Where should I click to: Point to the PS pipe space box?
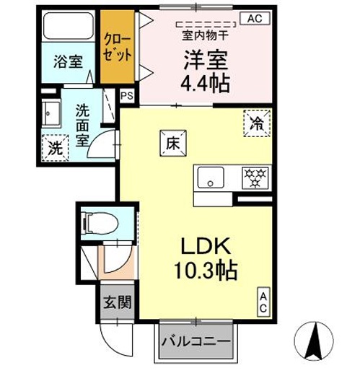pos(127,95)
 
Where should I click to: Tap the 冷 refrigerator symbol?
pos(257,123)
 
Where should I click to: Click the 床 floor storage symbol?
pos(172,142)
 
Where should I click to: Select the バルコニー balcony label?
pos(196,340)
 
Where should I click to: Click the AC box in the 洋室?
pos(255,19)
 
